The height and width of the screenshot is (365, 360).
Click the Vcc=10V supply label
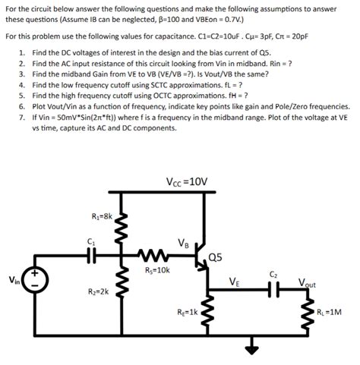[186, 181]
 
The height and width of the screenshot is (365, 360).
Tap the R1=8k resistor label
[101, 216]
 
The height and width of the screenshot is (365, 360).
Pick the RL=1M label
[330, 313]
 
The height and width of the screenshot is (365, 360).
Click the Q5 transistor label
[215, 257]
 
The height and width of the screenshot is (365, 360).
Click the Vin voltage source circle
[37, 278]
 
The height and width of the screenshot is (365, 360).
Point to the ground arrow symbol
[250, 350]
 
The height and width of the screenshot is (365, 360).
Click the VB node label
[183, 244]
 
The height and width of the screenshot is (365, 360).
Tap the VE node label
[236, 281]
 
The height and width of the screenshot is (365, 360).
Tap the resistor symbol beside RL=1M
[316, 313]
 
